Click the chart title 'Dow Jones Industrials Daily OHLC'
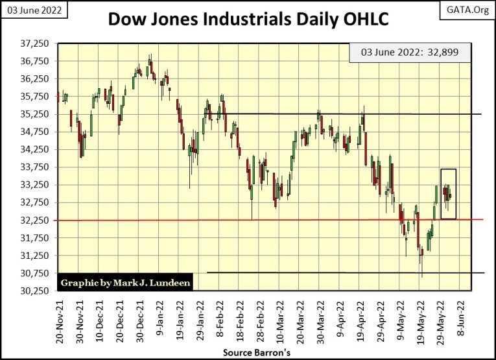[248, 19]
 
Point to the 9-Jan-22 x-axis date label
[159, 322]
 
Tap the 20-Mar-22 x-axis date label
[301, 322]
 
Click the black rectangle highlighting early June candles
[448, 193]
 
